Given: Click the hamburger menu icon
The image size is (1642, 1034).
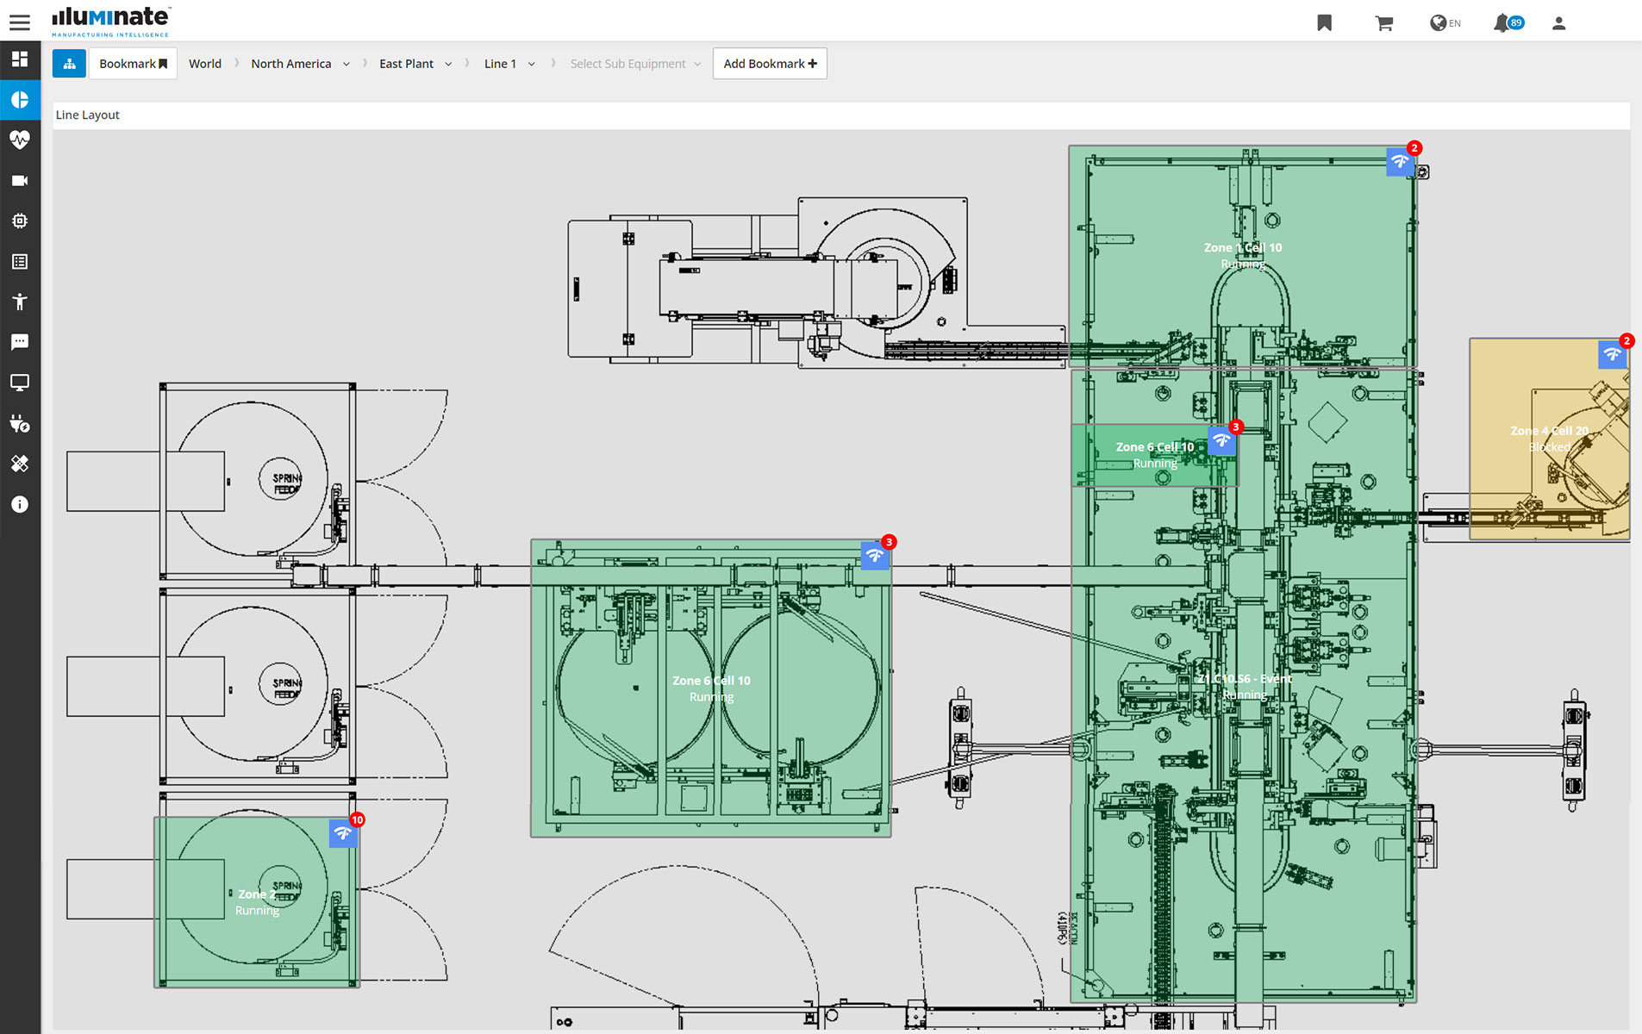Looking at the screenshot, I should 19,22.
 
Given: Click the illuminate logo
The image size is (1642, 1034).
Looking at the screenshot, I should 110,22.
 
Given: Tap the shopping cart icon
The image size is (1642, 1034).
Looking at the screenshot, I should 1383,23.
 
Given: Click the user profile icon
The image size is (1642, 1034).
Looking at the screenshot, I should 1558,23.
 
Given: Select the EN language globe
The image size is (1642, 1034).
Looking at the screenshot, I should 1445,23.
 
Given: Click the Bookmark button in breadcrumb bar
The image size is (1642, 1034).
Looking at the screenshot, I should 133,64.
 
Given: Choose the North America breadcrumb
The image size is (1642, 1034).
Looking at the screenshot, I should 291,64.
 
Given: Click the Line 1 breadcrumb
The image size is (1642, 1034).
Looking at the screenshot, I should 500,64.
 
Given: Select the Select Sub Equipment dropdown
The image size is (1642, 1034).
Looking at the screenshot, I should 635,64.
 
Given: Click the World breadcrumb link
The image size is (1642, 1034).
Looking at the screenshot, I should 205,64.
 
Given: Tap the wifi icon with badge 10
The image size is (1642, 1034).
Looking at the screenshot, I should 343,833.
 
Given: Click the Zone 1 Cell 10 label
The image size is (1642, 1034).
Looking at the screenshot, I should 1242,248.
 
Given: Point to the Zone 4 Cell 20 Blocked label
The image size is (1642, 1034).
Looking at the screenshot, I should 1549,438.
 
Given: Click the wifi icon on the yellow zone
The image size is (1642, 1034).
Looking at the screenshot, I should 1612,354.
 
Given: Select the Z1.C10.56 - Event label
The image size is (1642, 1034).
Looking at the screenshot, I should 1244,679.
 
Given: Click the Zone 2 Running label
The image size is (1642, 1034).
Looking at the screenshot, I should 257,901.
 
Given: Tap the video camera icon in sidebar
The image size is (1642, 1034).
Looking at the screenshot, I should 20,180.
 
